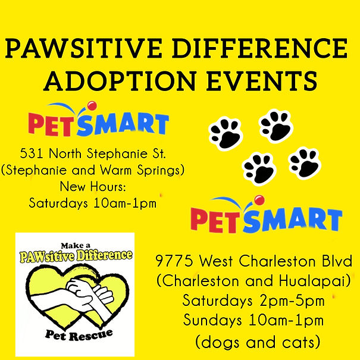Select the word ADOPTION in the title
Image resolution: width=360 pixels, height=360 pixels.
pyautogui.click(x=119, y=81)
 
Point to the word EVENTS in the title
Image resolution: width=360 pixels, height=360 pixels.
pyautogui.click(x=261, y=81)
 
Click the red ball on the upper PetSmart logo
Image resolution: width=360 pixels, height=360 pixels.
pyautogui.click(x=92, y=105)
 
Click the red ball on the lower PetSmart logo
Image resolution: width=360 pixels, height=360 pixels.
pyautogui.click(x=260, y=200)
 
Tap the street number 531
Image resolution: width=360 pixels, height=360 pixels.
pyautogui.click(x=31, y=154)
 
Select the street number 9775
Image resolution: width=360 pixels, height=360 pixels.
pyautogui.click(x=174, y=261)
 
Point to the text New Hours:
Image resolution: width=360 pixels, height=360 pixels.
pyautogui.click(x=93, y=186)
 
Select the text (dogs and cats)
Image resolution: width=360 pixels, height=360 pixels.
pyautogui.click(x=258, y=342)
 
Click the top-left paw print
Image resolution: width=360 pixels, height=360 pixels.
pyautogui.click(x=226, y=133)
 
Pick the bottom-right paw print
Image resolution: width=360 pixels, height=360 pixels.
pyautogui.click(x=305, y=163)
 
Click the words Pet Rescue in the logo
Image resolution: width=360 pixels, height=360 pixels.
pyautogui.click(x=79, y=335)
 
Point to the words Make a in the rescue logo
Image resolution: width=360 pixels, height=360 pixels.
pyautogui.click(x=76, y=246)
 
